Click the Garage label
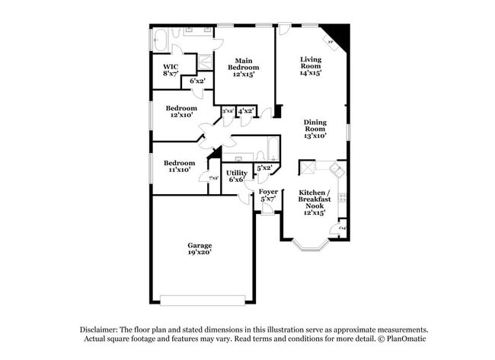(200, 248)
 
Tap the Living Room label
(311, 66)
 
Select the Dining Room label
(315, 129)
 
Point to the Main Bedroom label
(243, 67)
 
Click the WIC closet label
(170, 70)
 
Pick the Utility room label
(236, 176)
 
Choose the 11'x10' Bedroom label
(180, 166)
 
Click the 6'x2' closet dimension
(197, 81)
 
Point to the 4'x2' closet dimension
(245, 111)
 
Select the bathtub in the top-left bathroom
(162, 37)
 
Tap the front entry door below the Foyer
(267, 210)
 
